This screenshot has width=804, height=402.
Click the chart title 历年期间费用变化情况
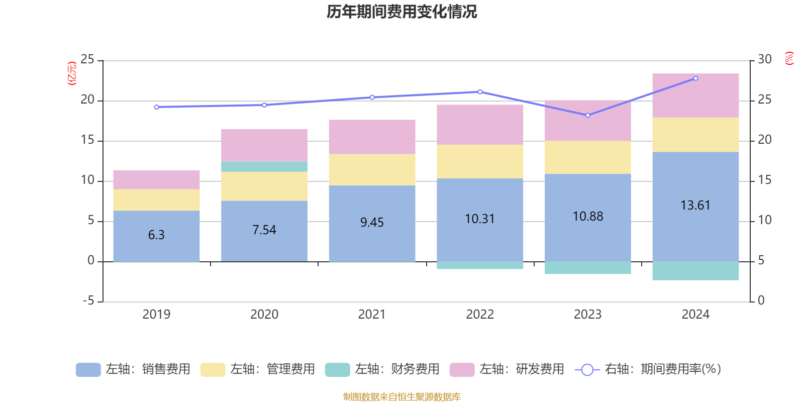(x=401, y=12)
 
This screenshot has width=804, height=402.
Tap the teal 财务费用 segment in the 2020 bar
(x=264, y=167)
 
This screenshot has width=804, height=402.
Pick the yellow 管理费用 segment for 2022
(x=480, y=161)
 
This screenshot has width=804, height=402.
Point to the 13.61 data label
(x=695, y=205)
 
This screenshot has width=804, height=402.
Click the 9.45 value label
(x=372, y=222)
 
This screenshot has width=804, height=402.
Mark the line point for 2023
(x=588, y=115)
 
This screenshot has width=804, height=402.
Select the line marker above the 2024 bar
(x=695, y=78)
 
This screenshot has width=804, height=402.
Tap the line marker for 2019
(x=156, y=107)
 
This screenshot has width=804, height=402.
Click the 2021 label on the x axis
(x=372, y=315)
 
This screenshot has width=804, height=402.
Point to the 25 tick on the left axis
(x=87, y=60)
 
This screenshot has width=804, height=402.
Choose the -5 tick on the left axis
(x=87, y=301)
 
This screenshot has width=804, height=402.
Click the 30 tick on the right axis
(x=765, y=60)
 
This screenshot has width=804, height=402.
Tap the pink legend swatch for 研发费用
(x=462, y=370)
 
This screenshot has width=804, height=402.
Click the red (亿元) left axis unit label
(x=72, y=73)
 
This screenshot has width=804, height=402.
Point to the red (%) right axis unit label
(x=789, y=58)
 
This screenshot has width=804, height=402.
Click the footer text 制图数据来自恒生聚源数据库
(x=401, y=397)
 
